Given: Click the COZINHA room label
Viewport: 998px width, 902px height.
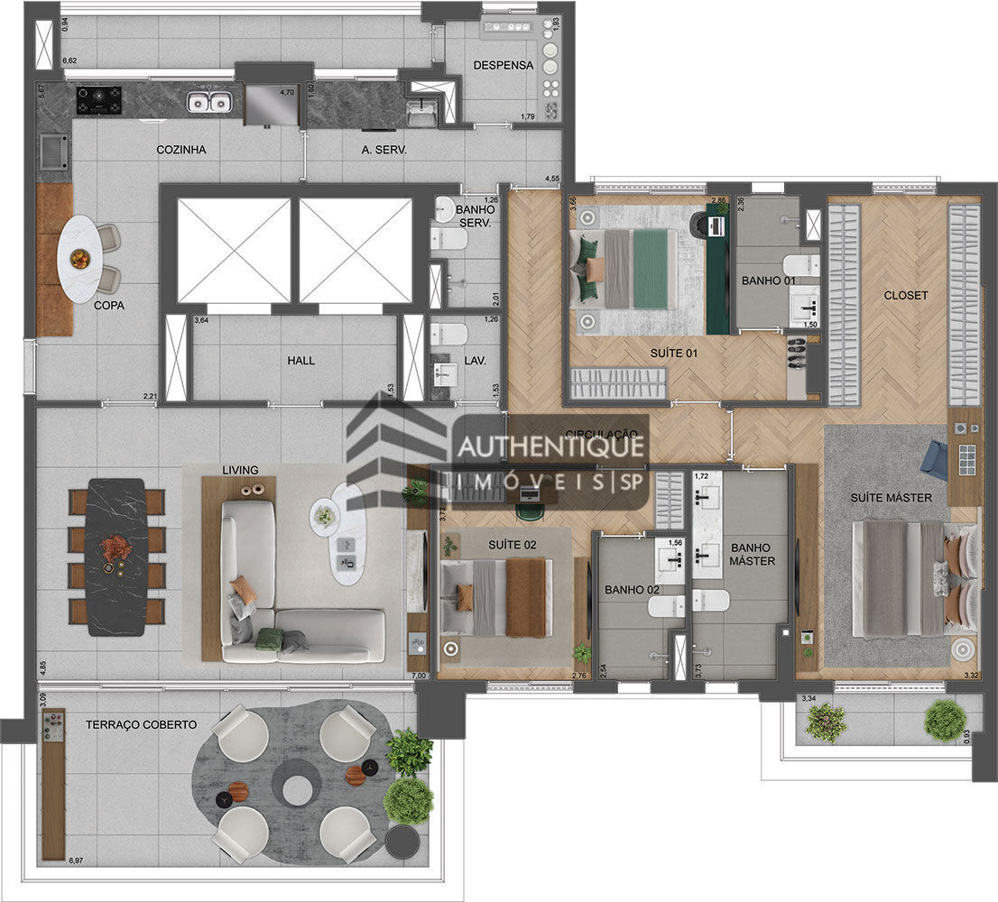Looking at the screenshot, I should pyautogui.click(x=181, y=150).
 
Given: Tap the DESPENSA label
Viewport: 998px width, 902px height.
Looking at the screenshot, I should pyautogui.click(x=504, y=66).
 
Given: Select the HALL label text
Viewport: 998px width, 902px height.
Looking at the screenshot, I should pyautogui.click(x=301, y=361).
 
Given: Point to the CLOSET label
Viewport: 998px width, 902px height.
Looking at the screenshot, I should pyautogui.click(x=905, y=296).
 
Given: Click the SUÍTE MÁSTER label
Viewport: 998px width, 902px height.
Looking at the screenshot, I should pyautogui.click(x=891, y=498).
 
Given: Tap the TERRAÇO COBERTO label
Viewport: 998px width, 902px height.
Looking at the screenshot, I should pyautogui.click(x=142, y=724).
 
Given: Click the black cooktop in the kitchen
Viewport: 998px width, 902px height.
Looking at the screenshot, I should pyautogui.click(x=99, y=99).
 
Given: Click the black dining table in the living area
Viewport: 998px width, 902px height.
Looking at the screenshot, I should pyautogui.click(x=116, y=556).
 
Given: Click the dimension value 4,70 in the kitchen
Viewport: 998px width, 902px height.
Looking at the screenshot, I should pyautogui.click(x=287, y=92).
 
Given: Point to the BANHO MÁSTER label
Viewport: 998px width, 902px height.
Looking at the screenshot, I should pyautogui.click(x=752, y=554).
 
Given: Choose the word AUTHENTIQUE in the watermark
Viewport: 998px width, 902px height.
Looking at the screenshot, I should pyautogui.click(x=550, y=446).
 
